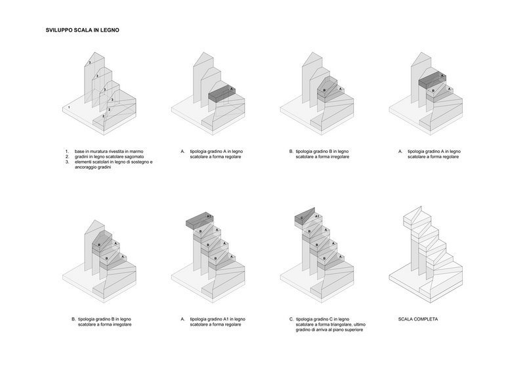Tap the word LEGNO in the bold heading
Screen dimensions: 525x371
click(110, 30)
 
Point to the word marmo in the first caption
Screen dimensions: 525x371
click(136, 152)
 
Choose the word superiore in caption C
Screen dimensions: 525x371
click(353, 330)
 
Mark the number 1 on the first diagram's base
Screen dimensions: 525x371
click(70, 108)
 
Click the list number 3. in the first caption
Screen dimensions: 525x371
click(67, 162)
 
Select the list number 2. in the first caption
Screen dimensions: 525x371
click(67, 156)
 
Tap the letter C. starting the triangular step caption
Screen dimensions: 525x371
click(291, 319)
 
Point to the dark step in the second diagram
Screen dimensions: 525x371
click(222, 93)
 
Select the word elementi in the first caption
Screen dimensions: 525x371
click(84, 162)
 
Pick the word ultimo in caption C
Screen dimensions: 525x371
click(359, 324)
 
